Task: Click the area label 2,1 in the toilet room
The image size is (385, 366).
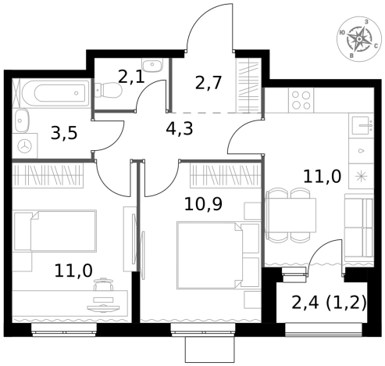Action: click(x=131, y=77)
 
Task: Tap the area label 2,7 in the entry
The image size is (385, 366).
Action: click(x=209, y=83)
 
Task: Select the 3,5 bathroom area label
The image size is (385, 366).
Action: click(x=64, y=133)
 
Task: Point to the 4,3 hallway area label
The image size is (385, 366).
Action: click(x=180, y=128)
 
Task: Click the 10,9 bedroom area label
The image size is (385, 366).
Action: click(x=203, y=204)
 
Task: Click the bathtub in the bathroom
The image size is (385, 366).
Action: click(x=56, y=93)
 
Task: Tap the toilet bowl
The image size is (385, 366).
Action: click(x=109, y=90)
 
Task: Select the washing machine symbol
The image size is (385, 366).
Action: click(x=25, y=146)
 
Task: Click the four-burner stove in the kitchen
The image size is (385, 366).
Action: click(x=301, y=100)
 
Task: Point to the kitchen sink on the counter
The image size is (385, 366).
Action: click(x=363, y=125)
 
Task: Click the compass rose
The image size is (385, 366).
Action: click(x=359, y=39)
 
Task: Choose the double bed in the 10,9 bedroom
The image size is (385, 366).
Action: click(x=218, y=255)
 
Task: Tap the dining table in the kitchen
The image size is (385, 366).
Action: click(x=291, y=215)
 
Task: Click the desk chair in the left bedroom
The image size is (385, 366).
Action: click(x=103, y=284)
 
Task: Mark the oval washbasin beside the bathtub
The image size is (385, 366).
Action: click(x=22, y=121)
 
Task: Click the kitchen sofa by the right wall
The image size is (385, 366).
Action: click(x=359, y=228)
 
